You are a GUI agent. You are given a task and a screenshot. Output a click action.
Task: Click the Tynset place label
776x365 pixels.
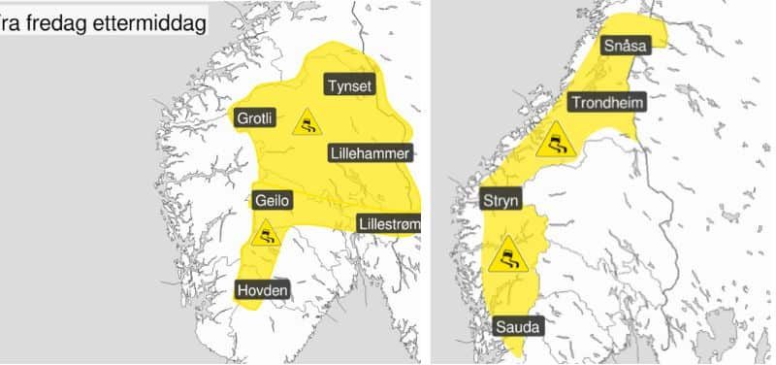349,85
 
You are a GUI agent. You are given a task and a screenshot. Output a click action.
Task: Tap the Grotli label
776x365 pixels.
256,118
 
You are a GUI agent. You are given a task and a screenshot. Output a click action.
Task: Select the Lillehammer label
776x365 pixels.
370,152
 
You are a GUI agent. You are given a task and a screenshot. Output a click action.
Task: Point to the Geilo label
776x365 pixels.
272,201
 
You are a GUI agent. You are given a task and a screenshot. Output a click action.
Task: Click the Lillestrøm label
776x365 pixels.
389,223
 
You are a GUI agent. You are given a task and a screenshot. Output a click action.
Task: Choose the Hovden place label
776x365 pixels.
264,289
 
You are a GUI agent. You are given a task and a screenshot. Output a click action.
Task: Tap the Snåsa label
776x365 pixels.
625,45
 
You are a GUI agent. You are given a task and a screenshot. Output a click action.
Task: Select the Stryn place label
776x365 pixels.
501,201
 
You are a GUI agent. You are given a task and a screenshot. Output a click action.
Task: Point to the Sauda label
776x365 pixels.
517,326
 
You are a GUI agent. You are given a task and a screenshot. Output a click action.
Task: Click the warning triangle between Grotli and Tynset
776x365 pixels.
307,122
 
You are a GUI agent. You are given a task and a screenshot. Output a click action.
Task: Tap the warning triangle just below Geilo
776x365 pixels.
265,234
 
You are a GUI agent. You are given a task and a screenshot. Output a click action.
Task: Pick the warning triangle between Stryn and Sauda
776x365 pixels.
508,256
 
